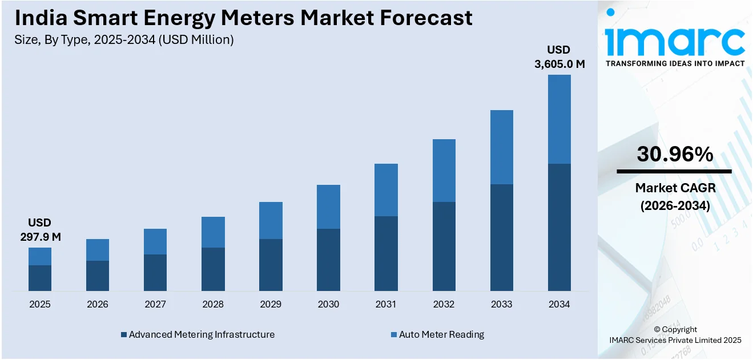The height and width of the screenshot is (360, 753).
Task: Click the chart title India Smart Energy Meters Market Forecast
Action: click(x=244, y=18)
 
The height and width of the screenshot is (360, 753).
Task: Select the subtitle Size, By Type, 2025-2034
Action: click(x=124, y=40)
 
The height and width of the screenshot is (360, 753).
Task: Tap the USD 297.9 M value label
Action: click(x=40, y=229)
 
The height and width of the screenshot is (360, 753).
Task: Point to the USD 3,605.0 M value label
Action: click(x=559, y=57)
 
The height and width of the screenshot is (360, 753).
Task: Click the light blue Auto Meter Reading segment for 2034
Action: click(x=559, y=119)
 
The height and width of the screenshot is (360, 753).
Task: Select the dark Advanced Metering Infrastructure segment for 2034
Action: click(x=559, y=227)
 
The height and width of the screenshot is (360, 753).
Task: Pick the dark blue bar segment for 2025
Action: click(x=40, y=278)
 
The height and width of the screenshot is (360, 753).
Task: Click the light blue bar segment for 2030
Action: click(x=328, y=207)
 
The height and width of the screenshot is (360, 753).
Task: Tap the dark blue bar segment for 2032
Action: click(x=444, y=246)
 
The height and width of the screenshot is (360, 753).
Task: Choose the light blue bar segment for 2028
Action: click(x=213, y=232)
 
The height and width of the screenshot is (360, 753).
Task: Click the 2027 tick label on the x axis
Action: click(x=155, y=305)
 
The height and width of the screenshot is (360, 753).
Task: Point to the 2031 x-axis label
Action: click(x=386, y=305)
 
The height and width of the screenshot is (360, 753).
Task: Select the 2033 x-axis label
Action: click(x=501, y=305)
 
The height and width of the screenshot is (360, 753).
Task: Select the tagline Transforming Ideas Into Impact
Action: click(x=675, y=63)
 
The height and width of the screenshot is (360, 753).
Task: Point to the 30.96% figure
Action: click(x=675, y=154)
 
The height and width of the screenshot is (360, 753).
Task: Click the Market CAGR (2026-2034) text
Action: click(x=675, y=196)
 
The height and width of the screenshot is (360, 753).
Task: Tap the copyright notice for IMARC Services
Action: click(x=675, y=335)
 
